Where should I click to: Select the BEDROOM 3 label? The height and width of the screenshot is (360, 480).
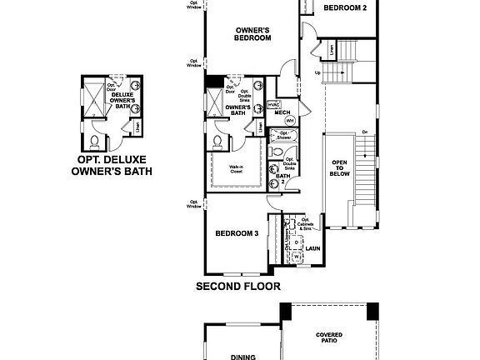click(x=235, y=233)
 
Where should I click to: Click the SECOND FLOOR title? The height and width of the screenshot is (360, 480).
click(x=237, y=286)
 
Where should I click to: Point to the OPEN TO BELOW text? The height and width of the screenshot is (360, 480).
click(x=340, y=170)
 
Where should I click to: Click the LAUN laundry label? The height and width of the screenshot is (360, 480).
click(x=313, y=247)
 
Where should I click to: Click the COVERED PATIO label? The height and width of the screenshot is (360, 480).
click(x=329, y=337)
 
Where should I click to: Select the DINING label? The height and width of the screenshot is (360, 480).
click(x=243, y=355)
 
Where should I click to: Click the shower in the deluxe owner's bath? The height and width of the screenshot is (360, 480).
click(x=91, y=91)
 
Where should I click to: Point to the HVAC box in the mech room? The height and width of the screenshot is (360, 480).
click(x=273, y=104)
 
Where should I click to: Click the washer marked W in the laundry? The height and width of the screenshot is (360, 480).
click(x=297, y=257)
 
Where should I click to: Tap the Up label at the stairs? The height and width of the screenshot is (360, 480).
click(x=317, y=73)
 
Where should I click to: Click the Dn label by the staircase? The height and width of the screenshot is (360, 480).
click(x=364, y=132)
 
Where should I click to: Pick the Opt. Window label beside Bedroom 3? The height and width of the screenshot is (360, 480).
click(x=194, y=203)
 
